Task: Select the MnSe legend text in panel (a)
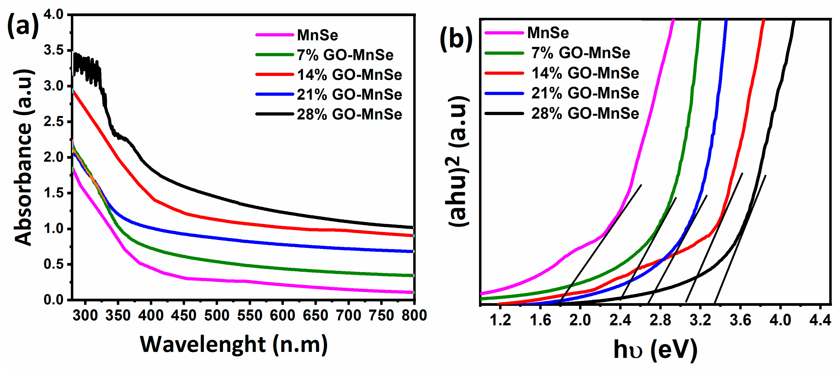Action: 317,35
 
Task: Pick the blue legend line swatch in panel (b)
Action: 504,94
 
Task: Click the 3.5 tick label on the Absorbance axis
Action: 53,50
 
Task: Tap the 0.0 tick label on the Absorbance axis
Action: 53,300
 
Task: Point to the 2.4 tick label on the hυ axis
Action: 620,320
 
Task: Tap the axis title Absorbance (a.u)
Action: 24,157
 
